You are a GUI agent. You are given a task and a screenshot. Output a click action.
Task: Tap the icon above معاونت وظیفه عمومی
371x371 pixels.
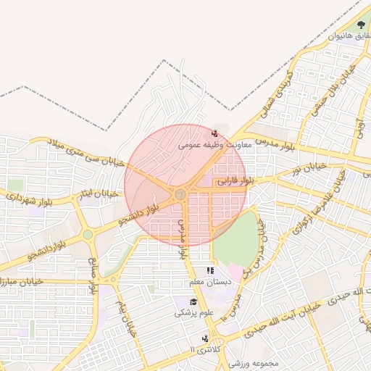214,133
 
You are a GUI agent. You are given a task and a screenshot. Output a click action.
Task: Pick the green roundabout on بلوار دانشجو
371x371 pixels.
88,234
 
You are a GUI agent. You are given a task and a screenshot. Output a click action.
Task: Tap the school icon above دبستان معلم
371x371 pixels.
210,271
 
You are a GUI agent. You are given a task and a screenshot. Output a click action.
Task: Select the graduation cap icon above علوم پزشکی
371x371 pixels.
193,301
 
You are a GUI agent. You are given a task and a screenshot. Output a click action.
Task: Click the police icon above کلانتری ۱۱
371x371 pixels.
207,338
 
